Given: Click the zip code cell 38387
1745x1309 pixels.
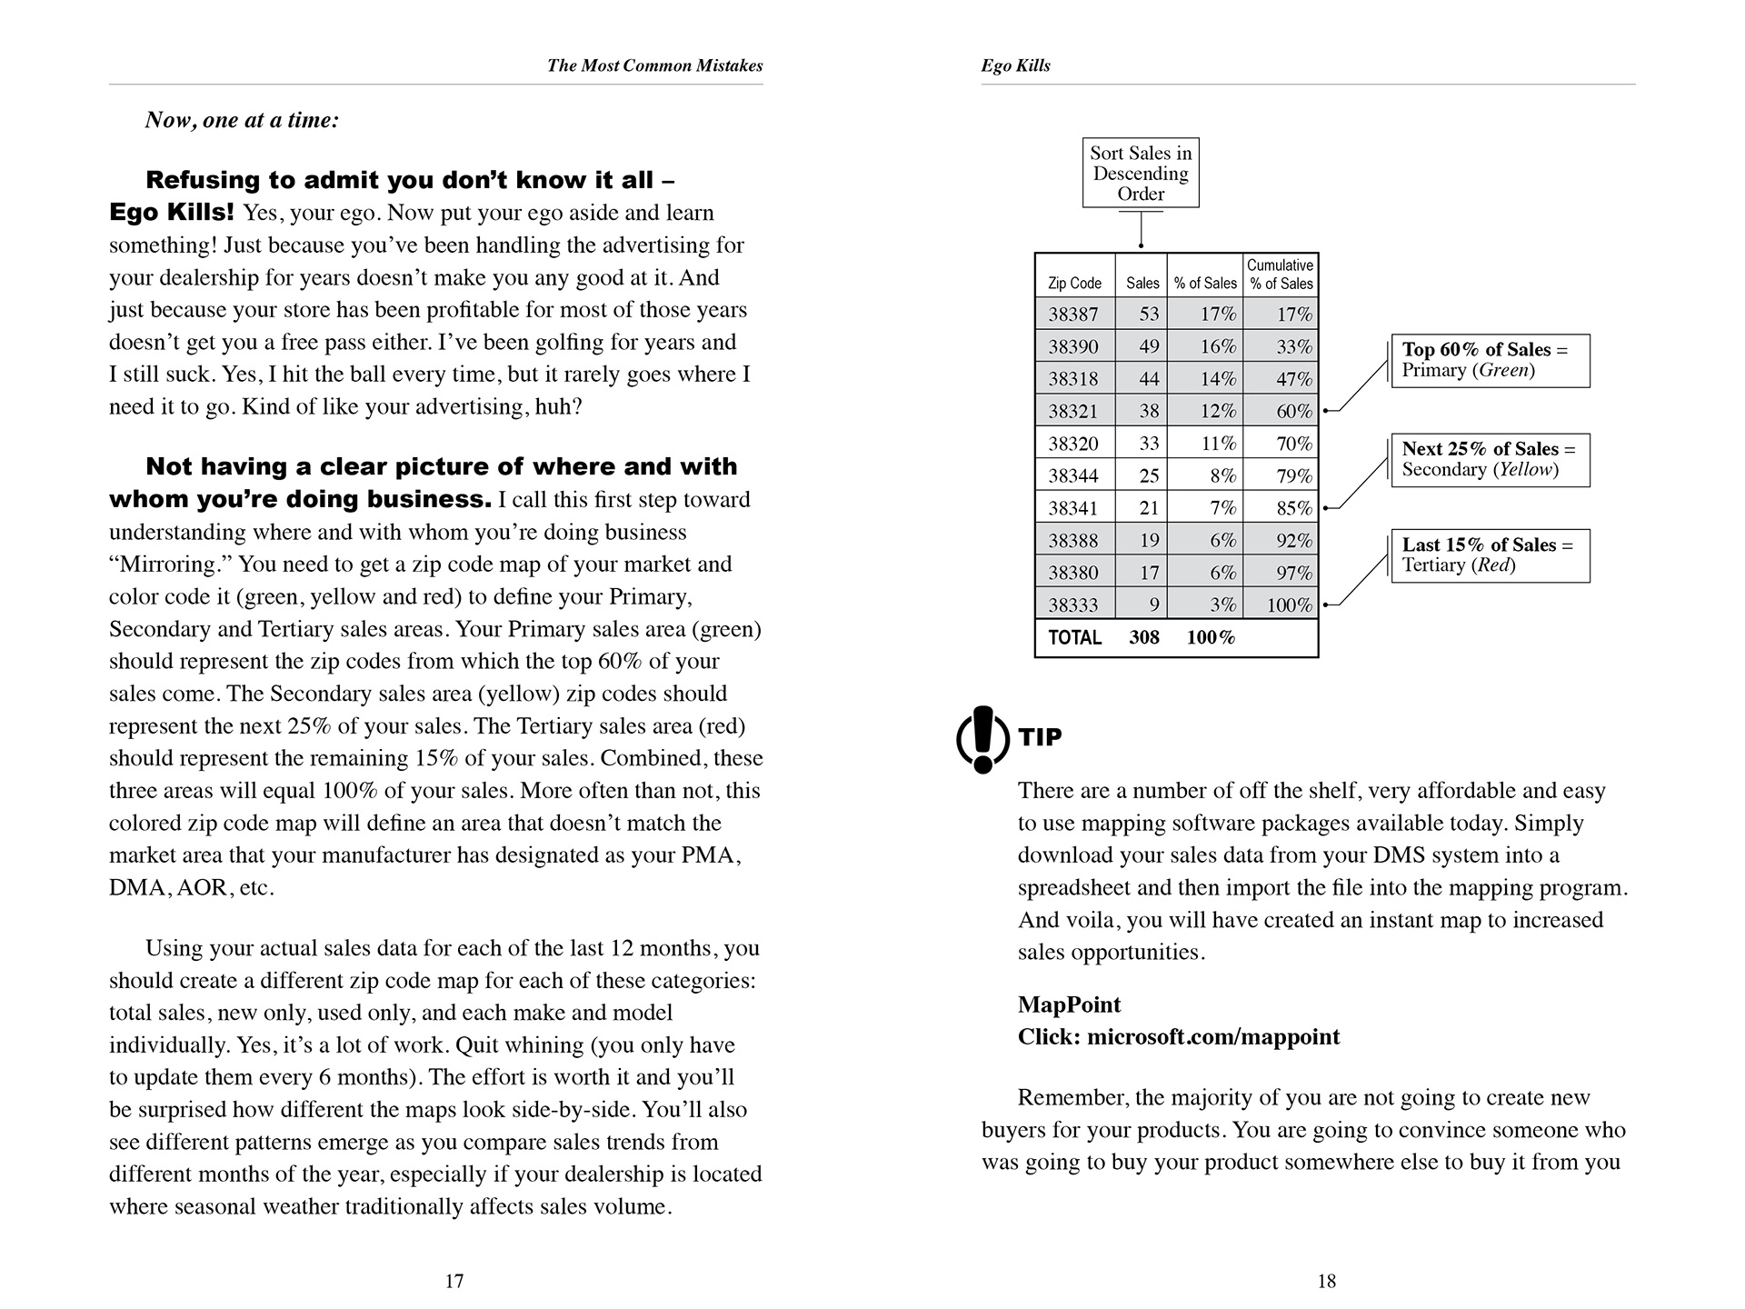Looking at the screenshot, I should tap(1073, 315).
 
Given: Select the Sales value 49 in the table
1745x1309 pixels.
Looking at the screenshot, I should tap(1149, 346).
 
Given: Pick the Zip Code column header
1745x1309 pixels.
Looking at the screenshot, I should tap(1074, 283).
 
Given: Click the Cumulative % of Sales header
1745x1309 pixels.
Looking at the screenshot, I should tap(1280, 274).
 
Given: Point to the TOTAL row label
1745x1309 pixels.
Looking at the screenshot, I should tap(1074, 637).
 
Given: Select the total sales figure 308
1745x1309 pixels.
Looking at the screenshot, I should tap(1144, 637).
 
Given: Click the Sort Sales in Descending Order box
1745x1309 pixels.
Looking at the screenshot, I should tap(1141, 173).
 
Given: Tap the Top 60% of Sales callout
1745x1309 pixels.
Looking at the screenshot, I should tap(1491, 360).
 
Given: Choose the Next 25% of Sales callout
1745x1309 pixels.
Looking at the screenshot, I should tap(1491, 459).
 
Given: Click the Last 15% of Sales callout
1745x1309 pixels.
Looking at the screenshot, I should tap(1491, 555).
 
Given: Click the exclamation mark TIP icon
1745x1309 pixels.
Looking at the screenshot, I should tap(982, 739).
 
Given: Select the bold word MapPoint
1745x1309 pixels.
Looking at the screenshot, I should tap(1069, 1004).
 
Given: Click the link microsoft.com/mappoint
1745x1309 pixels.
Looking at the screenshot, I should tap(1213, 1037).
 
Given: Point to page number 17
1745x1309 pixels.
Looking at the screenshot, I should tap(454, 1281).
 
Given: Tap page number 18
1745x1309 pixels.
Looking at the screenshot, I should tap(1327, 1281).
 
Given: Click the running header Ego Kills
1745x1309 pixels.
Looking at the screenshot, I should tap(1016, 65).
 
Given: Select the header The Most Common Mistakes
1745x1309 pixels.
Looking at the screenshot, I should tap(654, 65).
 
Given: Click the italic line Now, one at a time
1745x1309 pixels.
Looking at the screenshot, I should tap(242, 120).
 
